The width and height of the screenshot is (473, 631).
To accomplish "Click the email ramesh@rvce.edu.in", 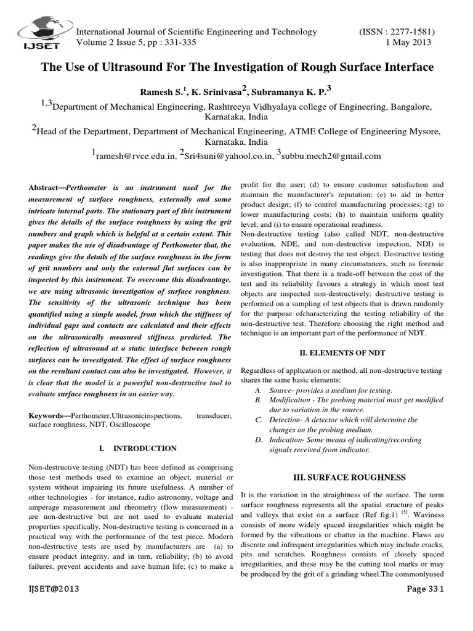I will [135, 156].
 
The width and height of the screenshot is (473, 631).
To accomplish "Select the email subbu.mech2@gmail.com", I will [333, 156].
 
